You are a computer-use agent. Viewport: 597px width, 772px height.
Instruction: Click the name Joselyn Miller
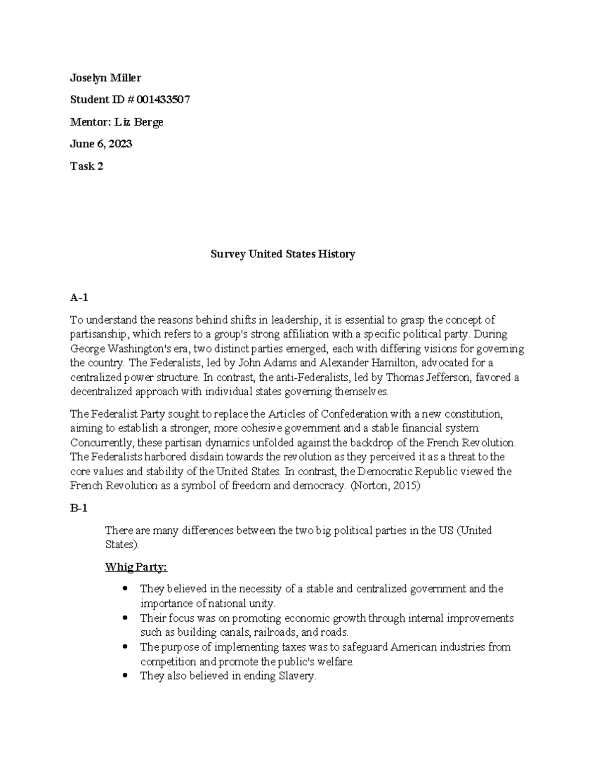point(105,78)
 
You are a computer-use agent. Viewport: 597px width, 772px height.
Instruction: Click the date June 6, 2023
point(101,144)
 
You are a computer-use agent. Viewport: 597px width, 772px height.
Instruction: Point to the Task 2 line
point(87,166)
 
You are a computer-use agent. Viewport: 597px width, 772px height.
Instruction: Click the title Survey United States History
point(283,255)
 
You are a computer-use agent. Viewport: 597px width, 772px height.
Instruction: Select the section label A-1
point(79,298)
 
